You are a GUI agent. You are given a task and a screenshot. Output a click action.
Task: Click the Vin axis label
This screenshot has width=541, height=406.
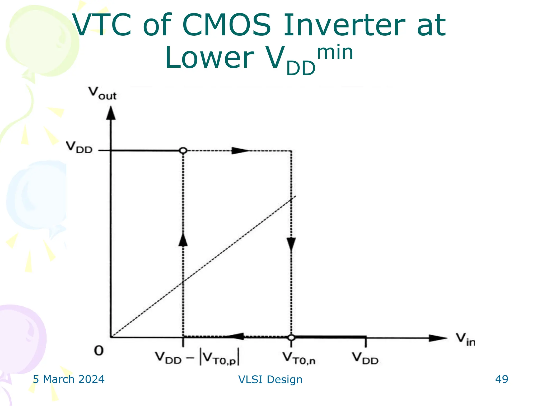coord(465,339)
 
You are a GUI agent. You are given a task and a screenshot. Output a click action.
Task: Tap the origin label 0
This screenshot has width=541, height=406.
coord(99,351)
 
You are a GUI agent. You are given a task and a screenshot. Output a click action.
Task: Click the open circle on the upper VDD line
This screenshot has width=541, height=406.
coord(183,151)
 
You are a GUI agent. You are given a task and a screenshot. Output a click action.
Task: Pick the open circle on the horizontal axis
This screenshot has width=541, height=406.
coord(291,338)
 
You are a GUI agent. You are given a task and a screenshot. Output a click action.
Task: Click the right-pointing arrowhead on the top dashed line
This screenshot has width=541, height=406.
coord(240,151)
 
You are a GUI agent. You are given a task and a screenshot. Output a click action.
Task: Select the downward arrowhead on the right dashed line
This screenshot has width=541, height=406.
coord(291,244)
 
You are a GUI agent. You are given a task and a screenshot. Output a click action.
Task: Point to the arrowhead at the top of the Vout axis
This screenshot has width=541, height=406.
coord(111,113)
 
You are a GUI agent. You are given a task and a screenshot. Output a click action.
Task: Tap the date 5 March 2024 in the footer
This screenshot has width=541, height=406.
coord(69,379)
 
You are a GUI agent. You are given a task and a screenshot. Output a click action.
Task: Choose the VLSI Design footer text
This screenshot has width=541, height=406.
coord(270,380)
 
